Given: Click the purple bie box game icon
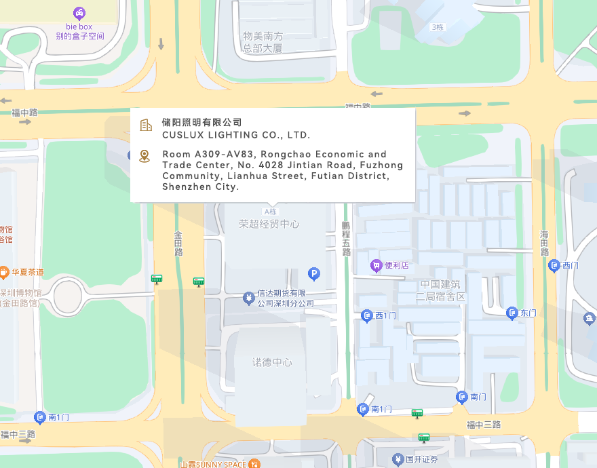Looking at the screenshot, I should tap(79, 13).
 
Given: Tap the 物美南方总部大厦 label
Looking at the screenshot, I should tap(263, 42).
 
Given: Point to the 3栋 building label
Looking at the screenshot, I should tap(437, 27).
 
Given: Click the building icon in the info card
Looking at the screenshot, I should tap(145, 125).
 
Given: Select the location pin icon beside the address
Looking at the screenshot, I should tap(145, 157).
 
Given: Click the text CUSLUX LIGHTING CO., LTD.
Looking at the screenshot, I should tap(235, 135).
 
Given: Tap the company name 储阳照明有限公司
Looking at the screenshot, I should tap(201, 122).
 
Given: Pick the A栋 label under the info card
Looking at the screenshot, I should tap(271, 212).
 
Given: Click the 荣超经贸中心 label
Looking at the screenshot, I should tap(269, 224).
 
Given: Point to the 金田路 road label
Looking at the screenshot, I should tap(178, 243).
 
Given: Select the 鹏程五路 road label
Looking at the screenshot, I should tap(346, 237).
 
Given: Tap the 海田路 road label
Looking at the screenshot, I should tap(544, 243).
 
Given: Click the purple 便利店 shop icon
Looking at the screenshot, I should tap(376, 265).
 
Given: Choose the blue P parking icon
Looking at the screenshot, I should tap(313, 274).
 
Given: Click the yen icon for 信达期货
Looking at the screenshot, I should tap(248, 297).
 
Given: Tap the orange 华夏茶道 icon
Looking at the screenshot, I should tap(3, 272).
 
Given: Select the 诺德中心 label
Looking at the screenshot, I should tap(272, 363).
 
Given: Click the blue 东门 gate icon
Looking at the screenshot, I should tap(512, 313).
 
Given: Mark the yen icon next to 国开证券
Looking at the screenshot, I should tap(398, 460).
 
